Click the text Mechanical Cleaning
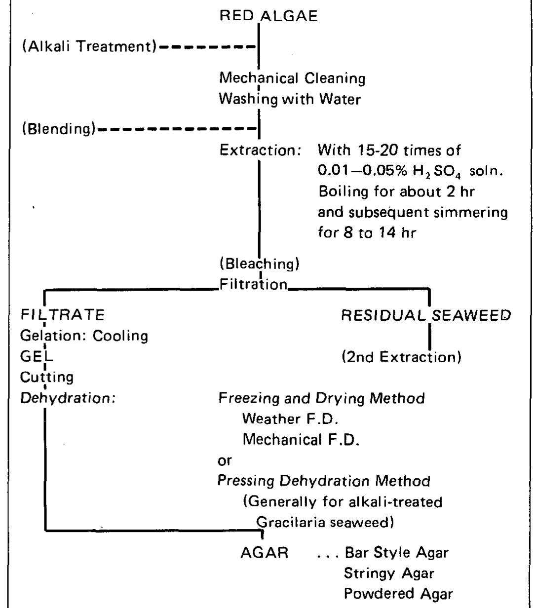[x=292, y=78]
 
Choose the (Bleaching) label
[x=260, y=264]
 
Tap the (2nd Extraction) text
[x=401, y=357]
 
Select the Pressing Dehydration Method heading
[x=324, y=481]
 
